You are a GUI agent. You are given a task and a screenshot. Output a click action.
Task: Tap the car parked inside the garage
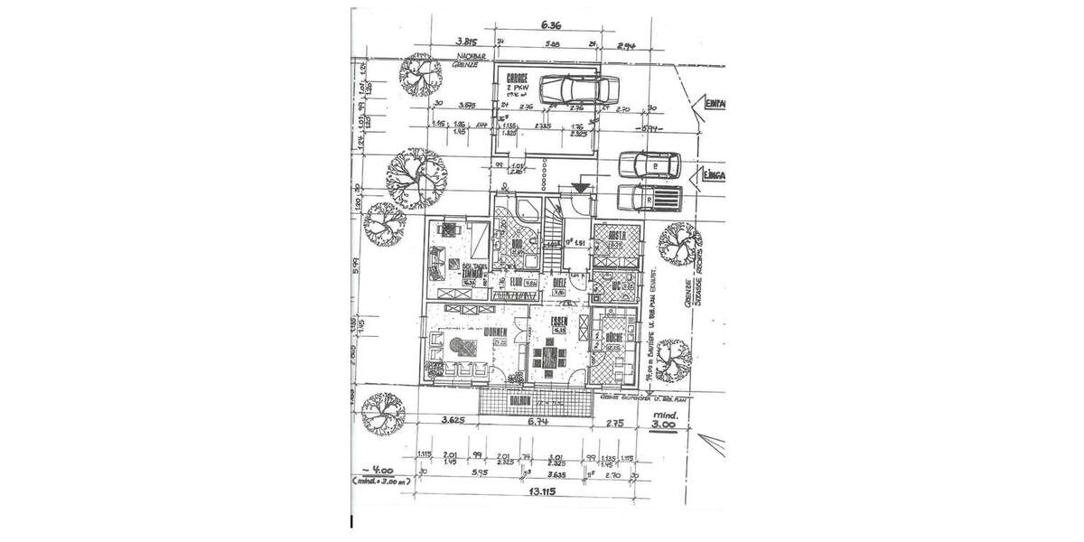pos(578,89)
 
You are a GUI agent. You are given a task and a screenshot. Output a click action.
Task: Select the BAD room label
pos(519,244)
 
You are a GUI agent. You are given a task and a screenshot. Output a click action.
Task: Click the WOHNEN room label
pos(493,332)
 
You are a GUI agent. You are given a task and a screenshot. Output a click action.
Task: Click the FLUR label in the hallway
pos(517,282)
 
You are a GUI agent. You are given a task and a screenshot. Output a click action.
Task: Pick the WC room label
pos(617,286)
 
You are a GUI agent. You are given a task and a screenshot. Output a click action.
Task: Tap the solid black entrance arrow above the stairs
pos(580,187)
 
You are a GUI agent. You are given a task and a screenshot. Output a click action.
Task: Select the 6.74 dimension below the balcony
pos(537,421)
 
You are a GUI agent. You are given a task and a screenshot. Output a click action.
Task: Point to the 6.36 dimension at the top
pos(551,26)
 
